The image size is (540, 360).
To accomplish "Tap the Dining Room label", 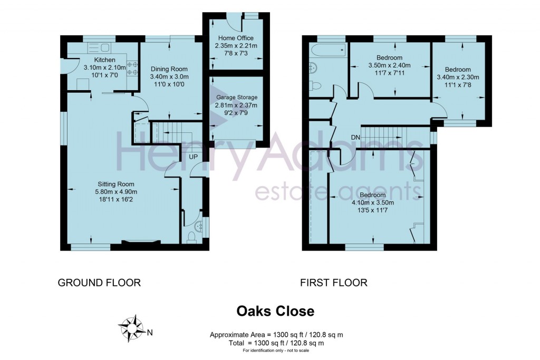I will (x=169, y=69).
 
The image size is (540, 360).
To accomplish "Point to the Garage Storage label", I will (x=237, y=97).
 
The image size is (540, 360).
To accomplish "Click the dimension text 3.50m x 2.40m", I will (x=390, y=66).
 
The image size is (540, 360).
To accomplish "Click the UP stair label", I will (x=193, y=157).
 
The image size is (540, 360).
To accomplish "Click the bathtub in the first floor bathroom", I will (x=328, y=51).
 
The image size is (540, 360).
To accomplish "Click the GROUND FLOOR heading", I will (x=99, y=283).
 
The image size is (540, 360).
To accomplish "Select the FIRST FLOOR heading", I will (x=333, y=283).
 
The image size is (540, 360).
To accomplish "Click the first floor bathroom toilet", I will (x=315, y=86).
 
